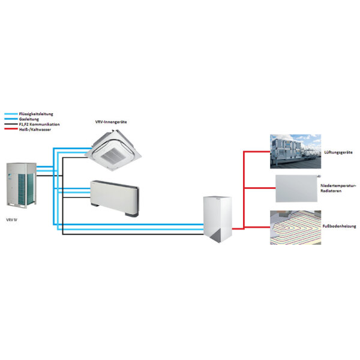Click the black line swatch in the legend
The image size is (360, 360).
[10, 124]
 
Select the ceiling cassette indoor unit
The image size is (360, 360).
[117, 151]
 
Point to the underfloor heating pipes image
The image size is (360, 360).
[295, 227]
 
